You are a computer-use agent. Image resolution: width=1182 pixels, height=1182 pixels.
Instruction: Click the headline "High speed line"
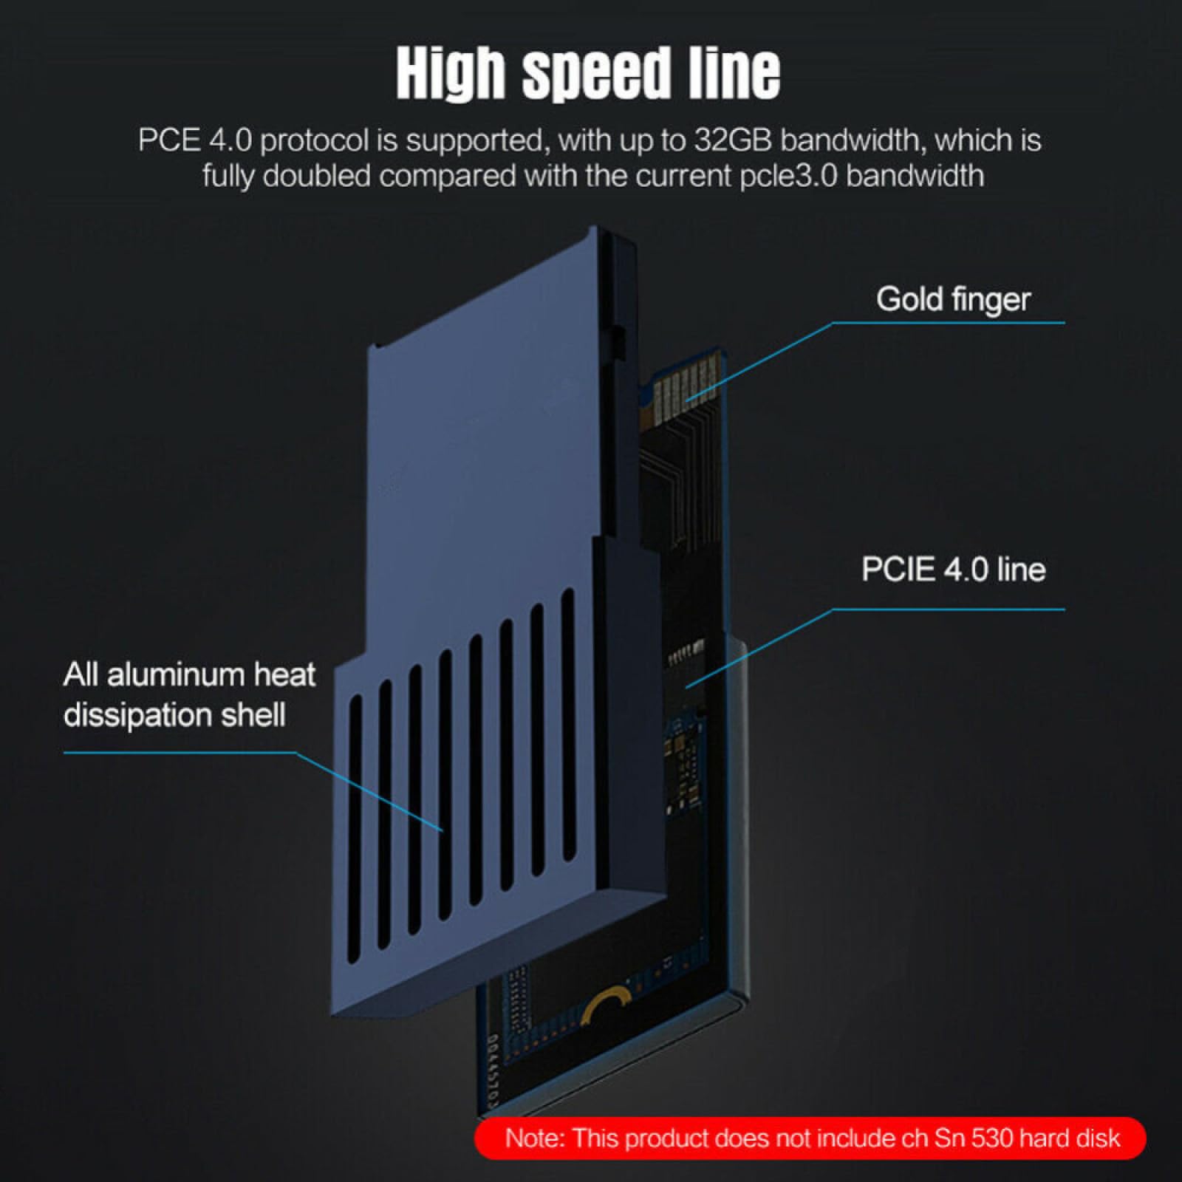point(588,73)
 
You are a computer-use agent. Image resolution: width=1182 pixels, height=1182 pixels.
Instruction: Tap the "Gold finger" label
point(953,299)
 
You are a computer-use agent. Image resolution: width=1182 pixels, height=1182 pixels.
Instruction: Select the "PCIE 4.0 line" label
point(953,570)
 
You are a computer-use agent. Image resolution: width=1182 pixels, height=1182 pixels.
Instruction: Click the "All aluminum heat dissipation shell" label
point(189,694)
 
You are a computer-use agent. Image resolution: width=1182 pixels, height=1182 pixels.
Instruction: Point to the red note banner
point(810,1138)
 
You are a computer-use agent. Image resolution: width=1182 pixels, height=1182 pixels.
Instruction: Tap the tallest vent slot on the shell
point(567,724)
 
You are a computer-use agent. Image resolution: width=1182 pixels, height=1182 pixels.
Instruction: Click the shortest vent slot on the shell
point(355,827)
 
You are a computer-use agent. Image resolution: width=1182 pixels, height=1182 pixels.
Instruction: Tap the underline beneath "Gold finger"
point(953,323)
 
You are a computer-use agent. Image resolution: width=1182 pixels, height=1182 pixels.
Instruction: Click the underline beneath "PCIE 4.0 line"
point(953,609)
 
